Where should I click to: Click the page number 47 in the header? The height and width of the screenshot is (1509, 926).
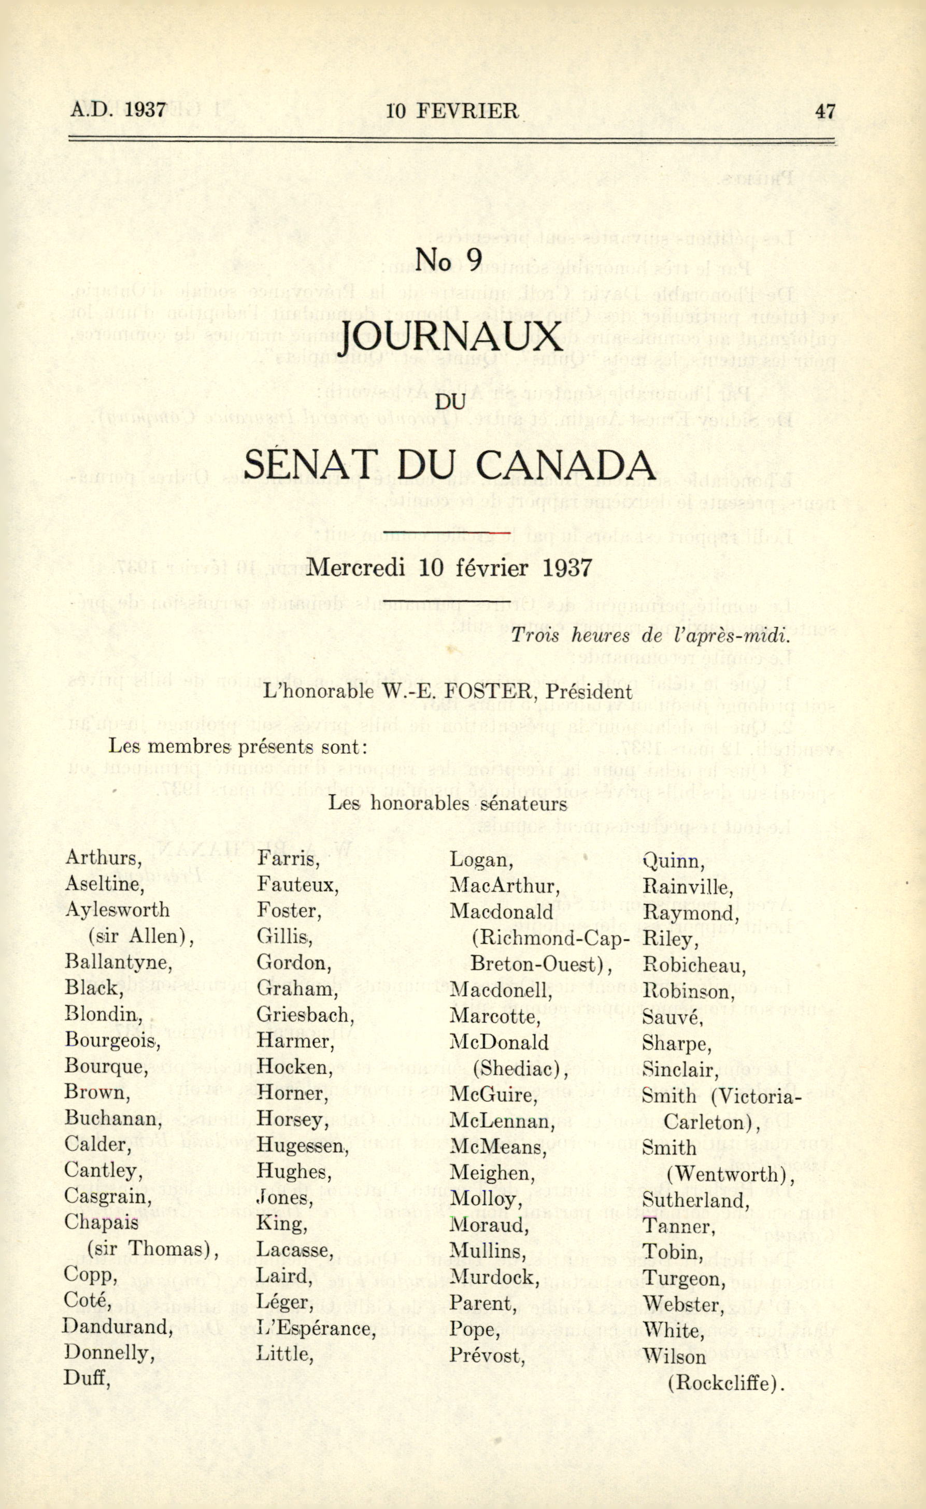pos(824,111)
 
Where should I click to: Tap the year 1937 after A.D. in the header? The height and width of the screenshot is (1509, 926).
pos(145,110)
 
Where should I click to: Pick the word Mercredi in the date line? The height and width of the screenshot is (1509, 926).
pos(356,568)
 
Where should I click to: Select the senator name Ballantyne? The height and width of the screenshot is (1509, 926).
pos(118,962)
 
